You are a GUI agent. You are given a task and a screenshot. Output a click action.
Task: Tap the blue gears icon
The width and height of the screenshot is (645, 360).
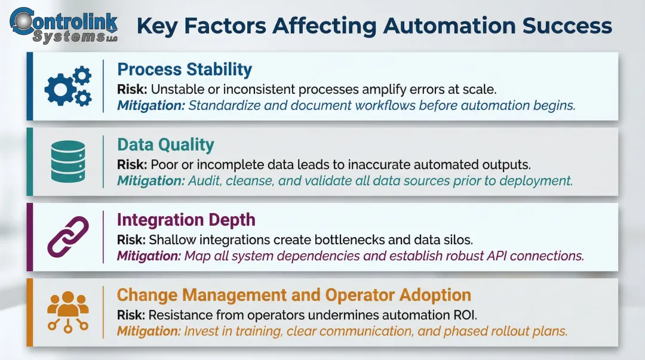coord(68,86)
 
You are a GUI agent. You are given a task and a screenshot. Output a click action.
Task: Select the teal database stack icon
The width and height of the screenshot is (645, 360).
coord(68,161)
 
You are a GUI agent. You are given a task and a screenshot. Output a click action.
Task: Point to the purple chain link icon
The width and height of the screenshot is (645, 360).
coord(68,237)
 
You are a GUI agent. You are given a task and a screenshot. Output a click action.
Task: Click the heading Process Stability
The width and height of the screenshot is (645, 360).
coord(185,69)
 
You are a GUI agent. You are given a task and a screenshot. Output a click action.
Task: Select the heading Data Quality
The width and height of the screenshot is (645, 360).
coord(165,144)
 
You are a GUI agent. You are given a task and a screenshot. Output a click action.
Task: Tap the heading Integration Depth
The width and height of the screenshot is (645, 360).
coord(186,220)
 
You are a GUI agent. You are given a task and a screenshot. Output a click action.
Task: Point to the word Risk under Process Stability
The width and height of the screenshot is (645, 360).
coord(131,89)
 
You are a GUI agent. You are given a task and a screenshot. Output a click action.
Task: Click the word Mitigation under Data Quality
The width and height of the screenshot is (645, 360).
coord(150,181)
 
